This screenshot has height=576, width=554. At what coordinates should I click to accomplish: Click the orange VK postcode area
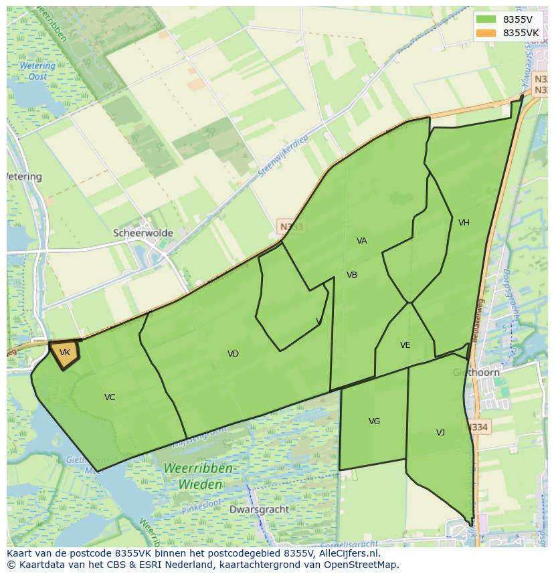[64, 353]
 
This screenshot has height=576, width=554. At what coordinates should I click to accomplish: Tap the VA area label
[362, 241]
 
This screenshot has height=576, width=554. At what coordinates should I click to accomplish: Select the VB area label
[352, 275]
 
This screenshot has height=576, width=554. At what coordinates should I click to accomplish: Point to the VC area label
[110, 397]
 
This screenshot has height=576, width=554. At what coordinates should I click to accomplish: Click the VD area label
[233, 354]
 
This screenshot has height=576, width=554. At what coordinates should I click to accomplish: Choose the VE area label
[405, 345]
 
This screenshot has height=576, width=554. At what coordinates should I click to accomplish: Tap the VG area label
[374, 421]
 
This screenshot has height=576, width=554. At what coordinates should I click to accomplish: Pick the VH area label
[464, 223]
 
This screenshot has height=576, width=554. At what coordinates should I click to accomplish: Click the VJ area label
[440, 433]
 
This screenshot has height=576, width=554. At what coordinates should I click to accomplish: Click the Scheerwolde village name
[143, 233]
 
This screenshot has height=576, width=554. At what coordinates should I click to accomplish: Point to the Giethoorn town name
[476, 373]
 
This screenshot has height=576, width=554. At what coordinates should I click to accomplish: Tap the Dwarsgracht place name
[259, 509]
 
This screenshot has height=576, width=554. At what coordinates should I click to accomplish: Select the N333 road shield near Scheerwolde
[291, 227]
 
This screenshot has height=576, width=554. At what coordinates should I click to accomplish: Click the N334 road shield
[478, 427]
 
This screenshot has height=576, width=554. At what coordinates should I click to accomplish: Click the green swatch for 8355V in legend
[486, 19]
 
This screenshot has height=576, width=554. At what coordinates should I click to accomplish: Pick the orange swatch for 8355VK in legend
[486, 33]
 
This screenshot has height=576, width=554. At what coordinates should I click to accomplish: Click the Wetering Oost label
[37, 71]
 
